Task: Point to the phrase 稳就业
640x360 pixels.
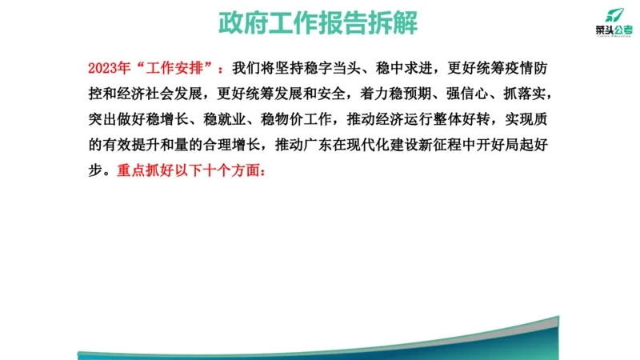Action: tap(230, 120)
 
